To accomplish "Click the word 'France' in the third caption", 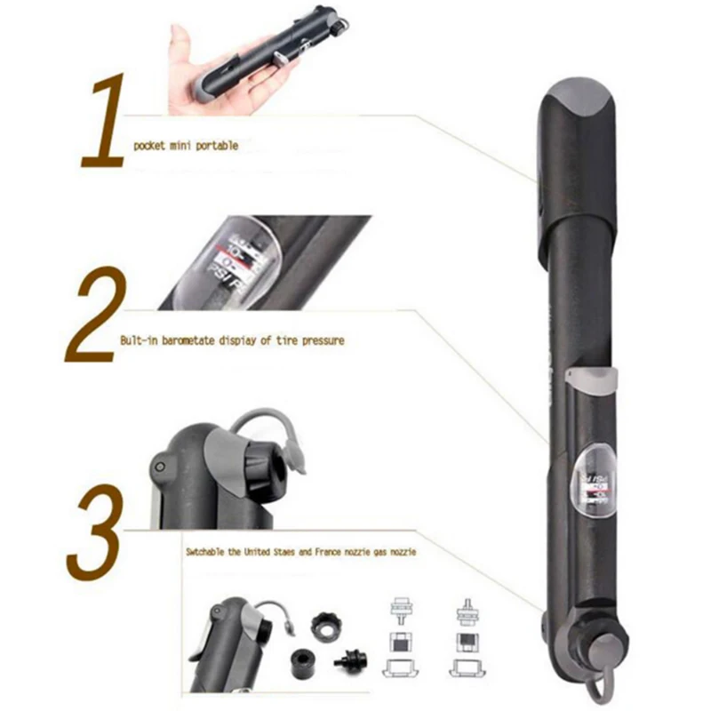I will [x=328, y=552].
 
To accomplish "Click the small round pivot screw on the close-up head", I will [x=160, y=467].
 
